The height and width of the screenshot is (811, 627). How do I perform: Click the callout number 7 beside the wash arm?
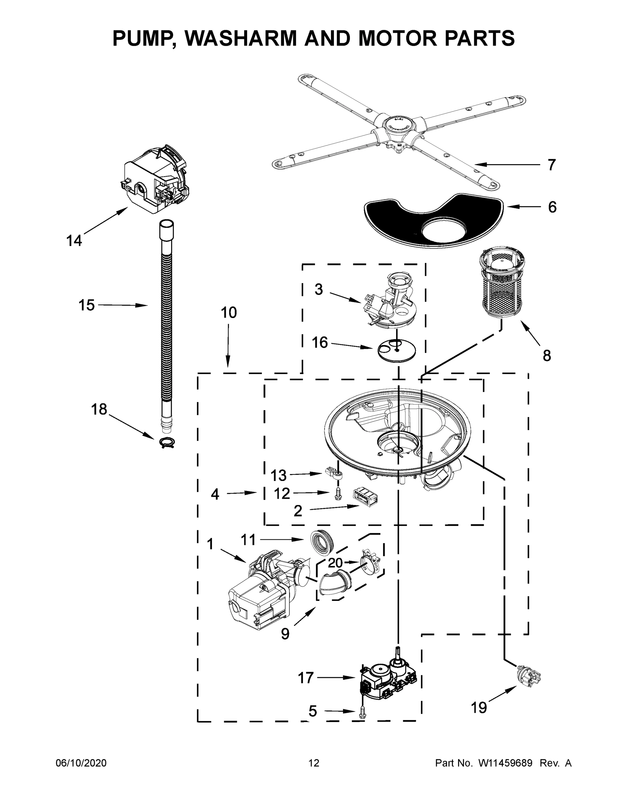[552, 165]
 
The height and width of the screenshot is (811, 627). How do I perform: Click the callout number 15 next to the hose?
[87, 305]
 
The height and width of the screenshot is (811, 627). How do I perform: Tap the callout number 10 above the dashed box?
[228, 313]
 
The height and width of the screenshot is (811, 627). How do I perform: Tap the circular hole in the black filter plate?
[443, 229]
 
